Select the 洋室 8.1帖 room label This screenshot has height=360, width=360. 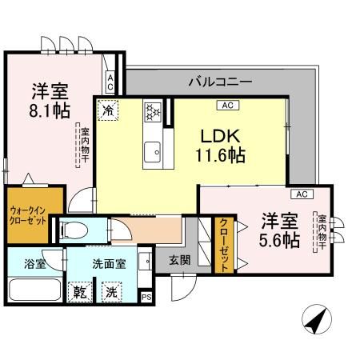coord(50,101)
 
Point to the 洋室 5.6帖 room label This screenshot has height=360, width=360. coord(279,229)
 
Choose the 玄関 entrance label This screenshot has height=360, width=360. coord(178,259)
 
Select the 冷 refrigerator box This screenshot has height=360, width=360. coord(108,108)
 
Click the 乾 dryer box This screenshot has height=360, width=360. coord(79,291)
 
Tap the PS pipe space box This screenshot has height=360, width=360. coord(146,297)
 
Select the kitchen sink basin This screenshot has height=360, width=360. coord(152,150)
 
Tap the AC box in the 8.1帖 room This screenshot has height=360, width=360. coord(110,82)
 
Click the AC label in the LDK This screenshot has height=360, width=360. coord(226,104)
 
